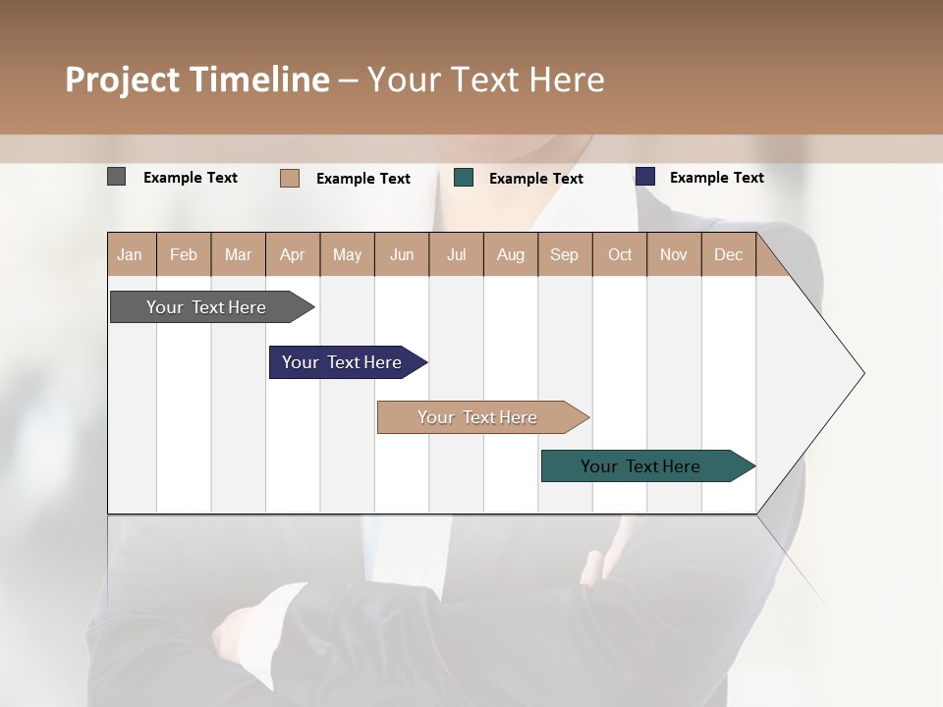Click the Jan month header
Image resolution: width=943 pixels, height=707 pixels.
click(x=131, y=254)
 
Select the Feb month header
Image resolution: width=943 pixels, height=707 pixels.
click(x=184, y=254)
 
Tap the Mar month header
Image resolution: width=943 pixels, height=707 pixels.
click(x=238, y=254)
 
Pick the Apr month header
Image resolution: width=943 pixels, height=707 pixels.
click(x=293, y=254)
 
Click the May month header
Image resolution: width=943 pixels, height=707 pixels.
click(x=347, y=254)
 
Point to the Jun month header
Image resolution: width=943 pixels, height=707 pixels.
click(x=402, y=254)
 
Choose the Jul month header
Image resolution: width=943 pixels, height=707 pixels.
click(x=456, y=254)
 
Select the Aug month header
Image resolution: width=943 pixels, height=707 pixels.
click(x=511, y=254)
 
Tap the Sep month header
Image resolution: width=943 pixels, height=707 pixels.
click(x=565, y=254)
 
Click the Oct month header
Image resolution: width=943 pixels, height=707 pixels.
click(x=620, y=254)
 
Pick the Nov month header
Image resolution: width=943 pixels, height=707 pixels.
click(x=674, y=254)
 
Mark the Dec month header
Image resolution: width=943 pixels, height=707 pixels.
click(x=729, y=254)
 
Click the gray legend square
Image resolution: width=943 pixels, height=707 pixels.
click(x=117, y=177)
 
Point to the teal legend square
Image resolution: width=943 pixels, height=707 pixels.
click(x=464, y=178)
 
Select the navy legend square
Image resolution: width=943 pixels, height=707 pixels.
click(x=645, y=177)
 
